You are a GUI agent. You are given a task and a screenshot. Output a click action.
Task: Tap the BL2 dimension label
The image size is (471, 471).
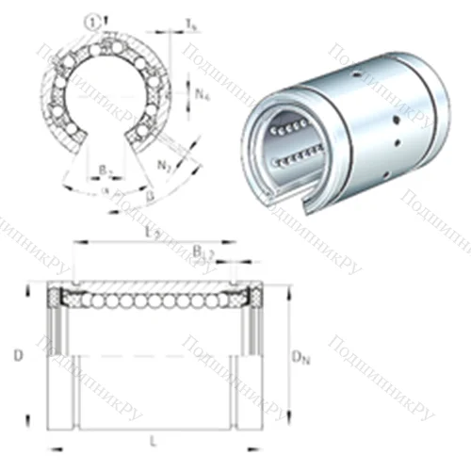[x=202, y=252]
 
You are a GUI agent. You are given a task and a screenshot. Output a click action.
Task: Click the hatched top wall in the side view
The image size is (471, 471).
[x=151, y=284]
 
